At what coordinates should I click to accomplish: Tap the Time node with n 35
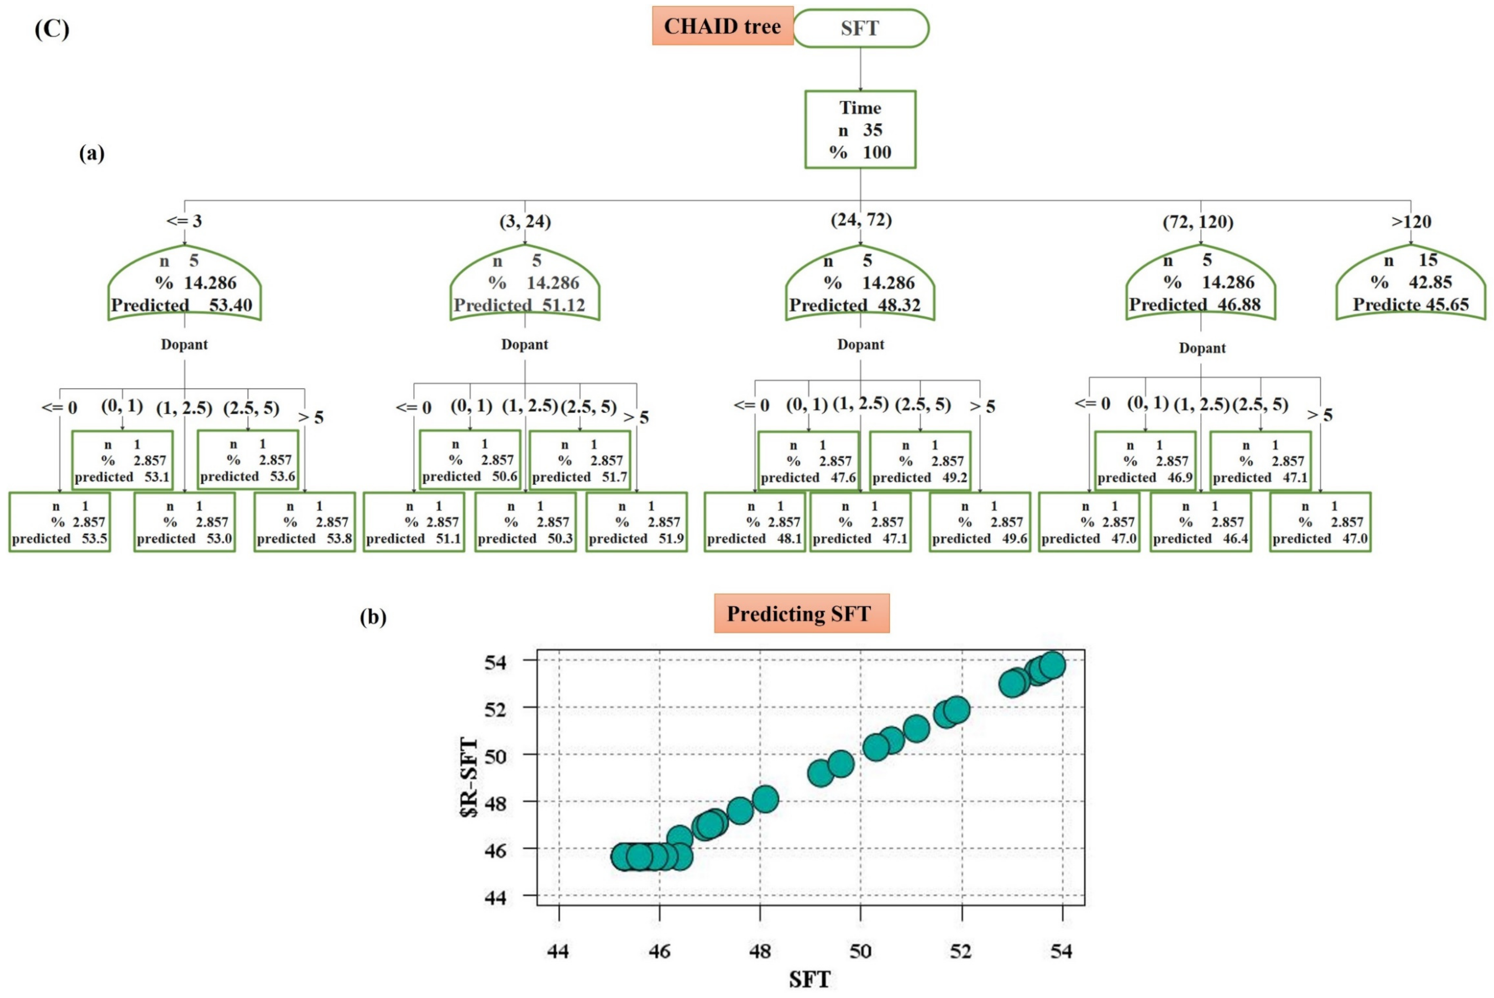860,130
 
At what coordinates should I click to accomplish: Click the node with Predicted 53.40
184,284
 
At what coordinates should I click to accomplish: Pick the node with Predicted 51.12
525,284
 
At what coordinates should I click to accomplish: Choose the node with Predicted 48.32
860,284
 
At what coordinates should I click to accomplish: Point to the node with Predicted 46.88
1200,284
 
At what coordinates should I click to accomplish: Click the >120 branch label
1411,222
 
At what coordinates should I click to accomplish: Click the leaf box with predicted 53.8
304,522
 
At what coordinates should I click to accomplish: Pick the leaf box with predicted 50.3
525,522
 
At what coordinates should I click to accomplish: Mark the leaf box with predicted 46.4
1200,522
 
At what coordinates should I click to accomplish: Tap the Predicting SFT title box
801,613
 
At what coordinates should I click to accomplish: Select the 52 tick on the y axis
495,708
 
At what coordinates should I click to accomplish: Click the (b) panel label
373,617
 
